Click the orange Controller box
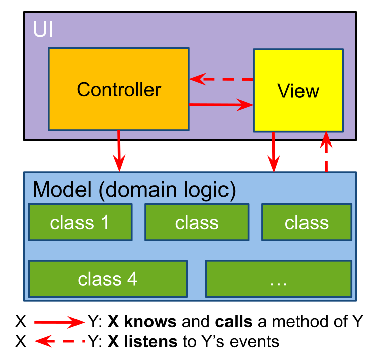(x=118, y=89)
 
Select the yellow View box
(x=298, y=91)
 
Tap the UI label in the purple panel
(x=43, y=29)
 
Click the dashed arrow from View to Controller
(x=221, y=79)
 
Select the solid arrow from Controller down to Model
(x=119, y=151)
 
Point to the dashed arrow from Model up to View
(x=326, y=151)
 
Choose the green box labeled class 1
(x=80, y=222)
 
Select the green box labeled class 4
(x=108, y=278)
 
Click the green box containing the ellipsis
(x=278, y=278)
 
